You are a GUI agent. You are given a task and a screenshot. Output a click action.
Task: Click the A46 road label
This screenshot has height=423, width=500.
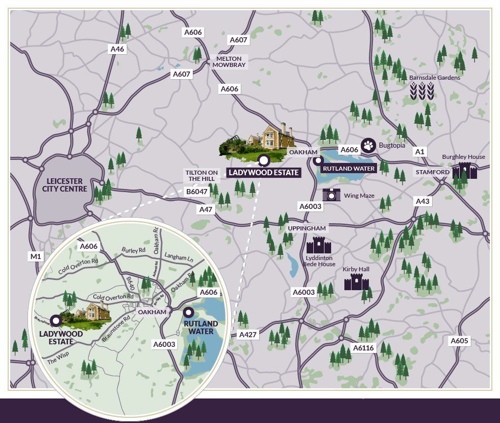pos(117,49)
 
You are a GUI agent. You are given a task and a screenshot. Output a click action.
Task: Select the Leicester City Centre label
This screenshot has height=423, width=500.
pos(67,185)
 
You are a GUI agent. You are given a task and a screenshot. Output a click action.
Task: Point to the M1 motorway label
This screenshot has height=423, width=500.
pos(35,256)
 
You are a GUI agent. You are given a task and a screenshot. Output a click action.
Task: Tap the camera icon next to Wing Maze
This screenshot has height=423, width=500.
pos(331,194)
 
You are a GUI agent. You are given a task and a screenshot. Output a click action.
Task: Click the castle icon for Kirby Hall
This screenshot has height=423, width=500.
pos(356,281)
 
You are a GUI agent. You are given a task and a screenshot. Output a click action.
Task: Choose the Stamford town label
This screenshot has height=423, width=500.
pos(432,172)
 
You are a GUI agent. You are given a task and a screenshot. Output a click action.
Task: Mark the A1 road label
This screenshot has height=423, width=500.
pos(420,152)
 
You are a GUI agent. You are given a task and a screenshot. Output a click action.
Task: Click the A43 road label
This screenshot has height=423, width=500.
pos(422,201)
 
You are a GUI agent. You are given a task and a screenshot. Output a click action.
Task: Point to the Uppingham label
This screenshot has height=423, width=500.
pos(306,228)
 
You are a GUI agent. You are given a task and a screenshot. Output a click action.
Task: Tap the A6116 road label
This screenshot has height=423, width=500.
pos(364,348)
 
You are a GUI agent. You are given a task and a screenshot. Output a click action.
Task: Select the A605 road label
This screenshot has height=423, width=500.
pos(459,341)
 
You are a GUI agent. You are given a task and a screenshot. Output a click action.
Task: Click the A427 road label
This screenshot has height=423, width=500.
pos(248,335)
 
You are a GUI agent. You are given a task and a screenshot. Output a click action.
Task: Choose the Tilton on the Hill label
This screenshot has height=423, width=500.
pos(202,176)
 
